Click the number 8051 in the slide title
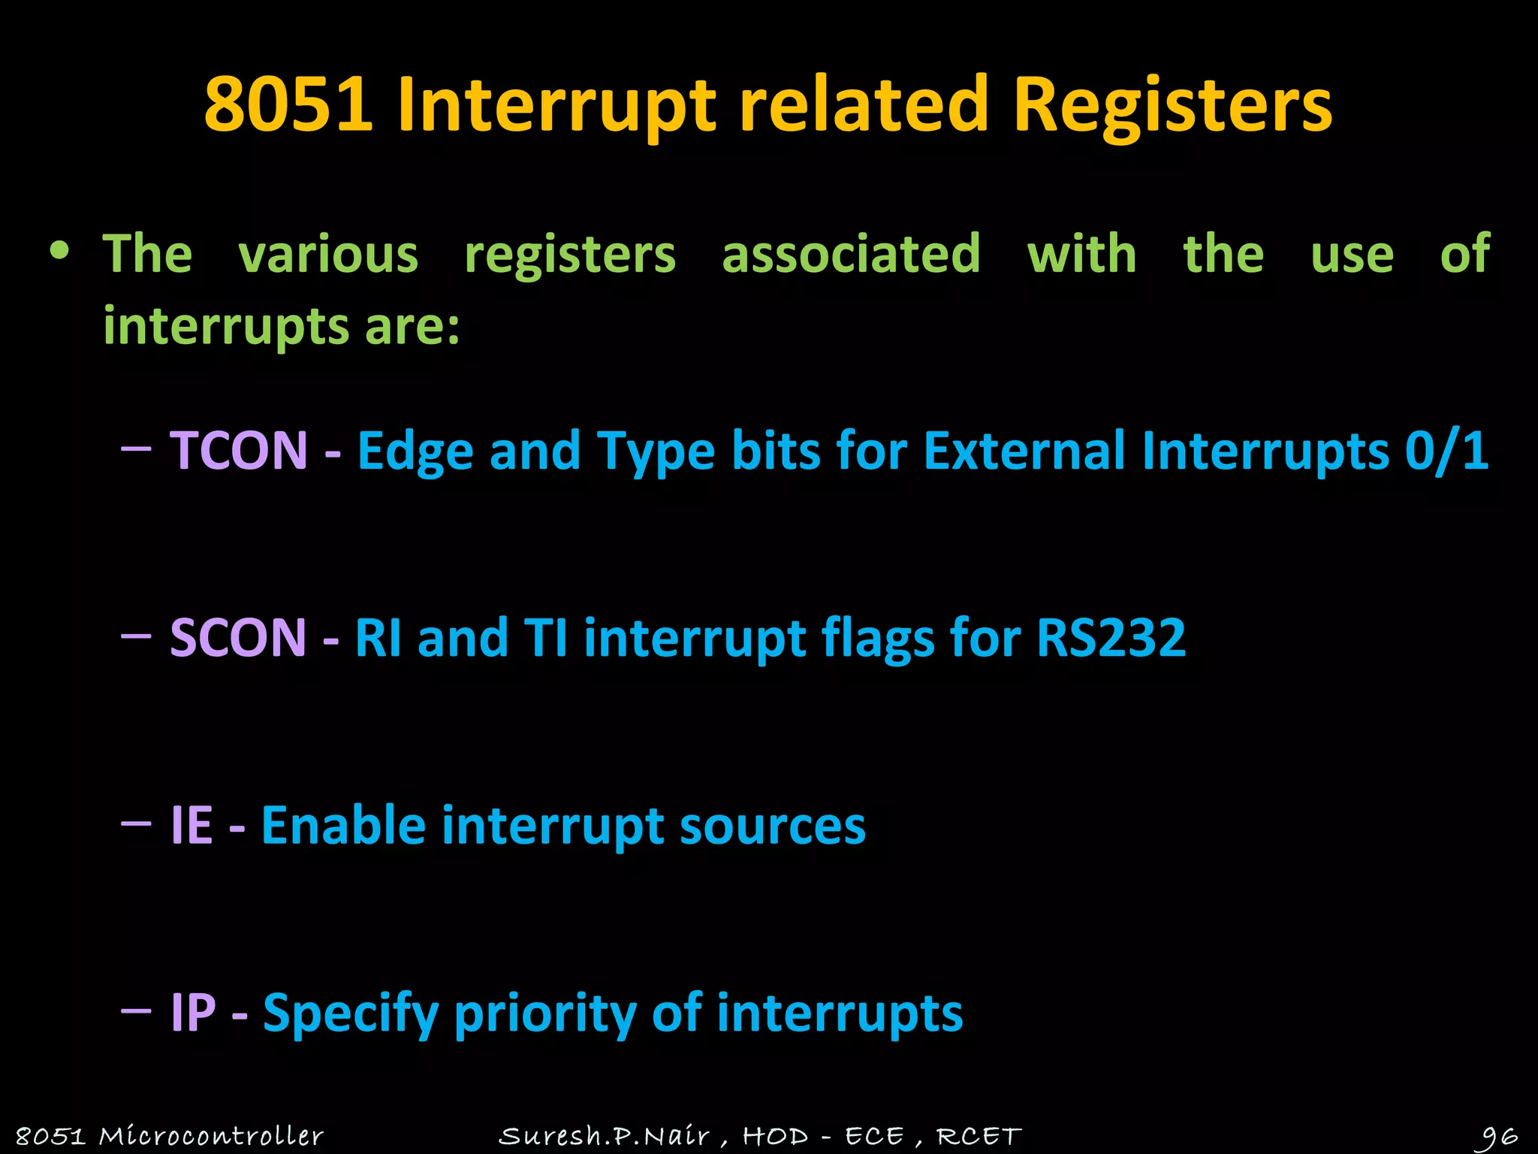pyautogui.click(x=288, y=105)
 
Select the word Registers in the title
pyautogui.click(x=1172, y=105)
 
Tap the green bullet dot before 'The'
pyautogui.click(x=59, y=251)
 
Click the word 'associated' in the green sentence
pyautogui.click(x=851, y=254)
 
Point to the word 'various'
pyautogui.click(x=328, y=254)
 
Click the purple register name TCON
pyautogui.click(x=239, y=451)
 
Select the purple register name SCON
pyautogui.click(x=238, y=638)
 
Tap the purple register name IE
pyautogui.click(x=191, y=825)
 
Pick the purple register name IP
pyautogui.click(x=193, y=1013)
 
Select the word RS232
pyautogui.click(x=1111, y=638)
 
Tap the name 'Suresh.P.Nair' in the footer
pyautogui.click(x=604, y=1135)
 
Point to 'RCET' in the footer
pyautogui.click(x=979, y=1135)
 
